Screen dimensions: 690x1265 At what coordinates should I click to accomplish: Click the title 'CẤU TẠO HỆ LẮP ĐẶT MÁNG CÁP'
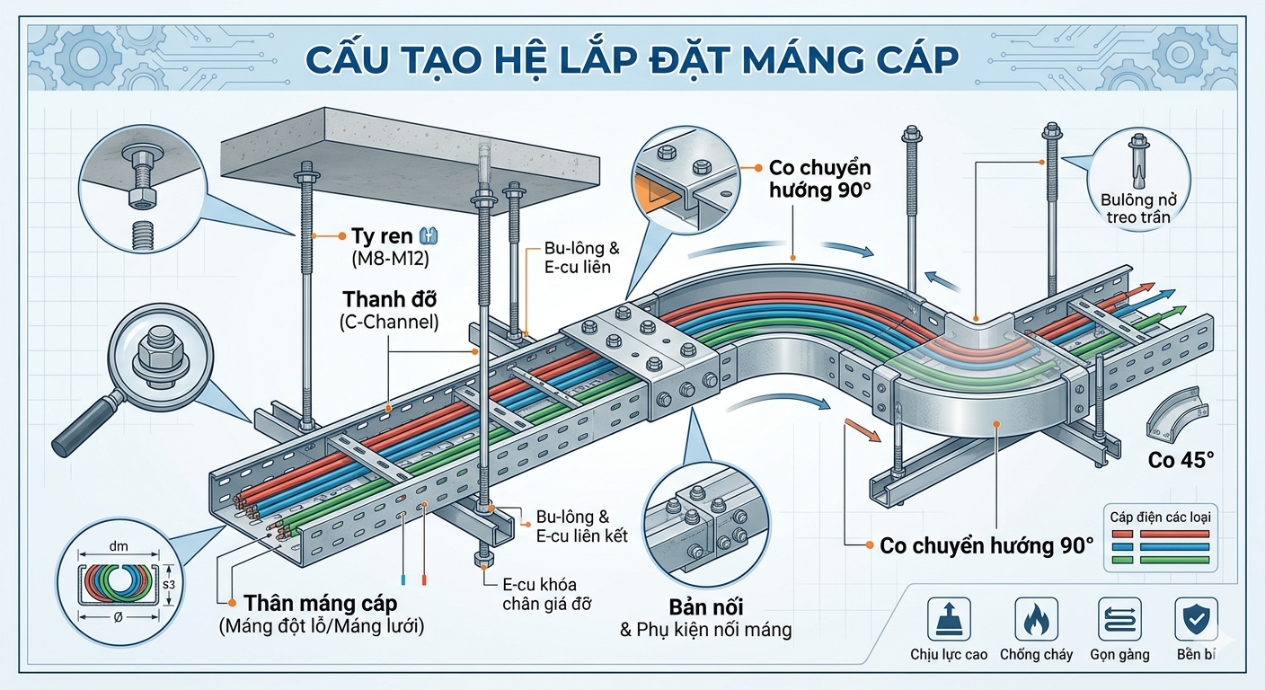tap(632, 58)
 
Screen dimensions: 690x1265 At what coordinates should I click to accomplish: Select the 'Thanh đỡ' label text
tap(389, 297)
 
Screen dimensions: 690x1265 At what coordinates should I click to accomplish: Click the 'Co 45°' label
tap(1181, 460)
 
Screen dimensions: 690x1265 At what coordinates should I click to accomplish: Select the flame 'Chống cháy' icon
tap(1036, 620)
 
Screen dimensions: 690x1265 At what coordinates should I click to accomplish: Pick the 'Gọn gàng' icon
tap(1119, 620)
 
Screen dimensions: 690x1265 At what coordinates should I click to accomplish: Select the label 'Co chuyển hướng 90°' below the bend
tap(986, 545)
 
